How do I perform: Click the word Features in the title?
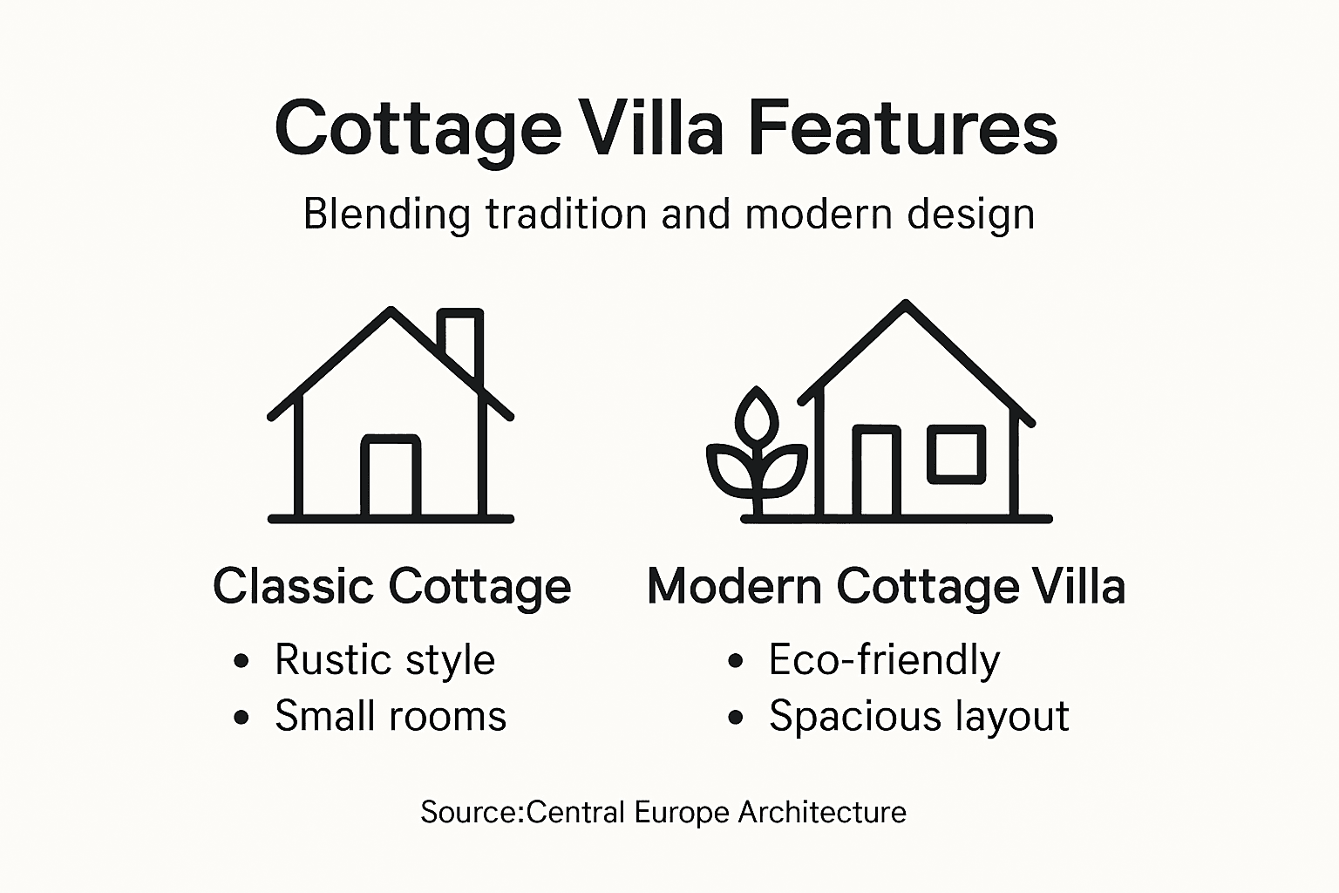point(902,129)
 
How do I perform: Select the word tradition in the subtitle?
point(566,215)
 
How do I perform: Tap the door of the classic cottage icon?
point(391,477)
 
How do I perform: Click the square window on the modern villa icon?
point(956,453)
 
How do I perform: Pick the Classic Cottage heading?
point(391,586)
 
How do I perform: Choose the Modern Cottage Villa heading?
point(886,586)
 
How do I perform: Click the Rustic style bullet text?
point(384,660)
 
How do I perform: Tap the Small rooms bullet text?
point(390,717)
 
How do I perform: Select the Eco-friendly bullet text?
point(884,660)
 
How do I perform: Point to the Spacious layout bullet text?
point(919,717)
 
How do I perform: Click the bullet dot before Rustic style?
point(241,661)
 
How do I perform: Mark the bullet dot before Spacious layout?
point(736,718)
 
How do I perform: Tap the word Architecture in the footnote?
point(822,813)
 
